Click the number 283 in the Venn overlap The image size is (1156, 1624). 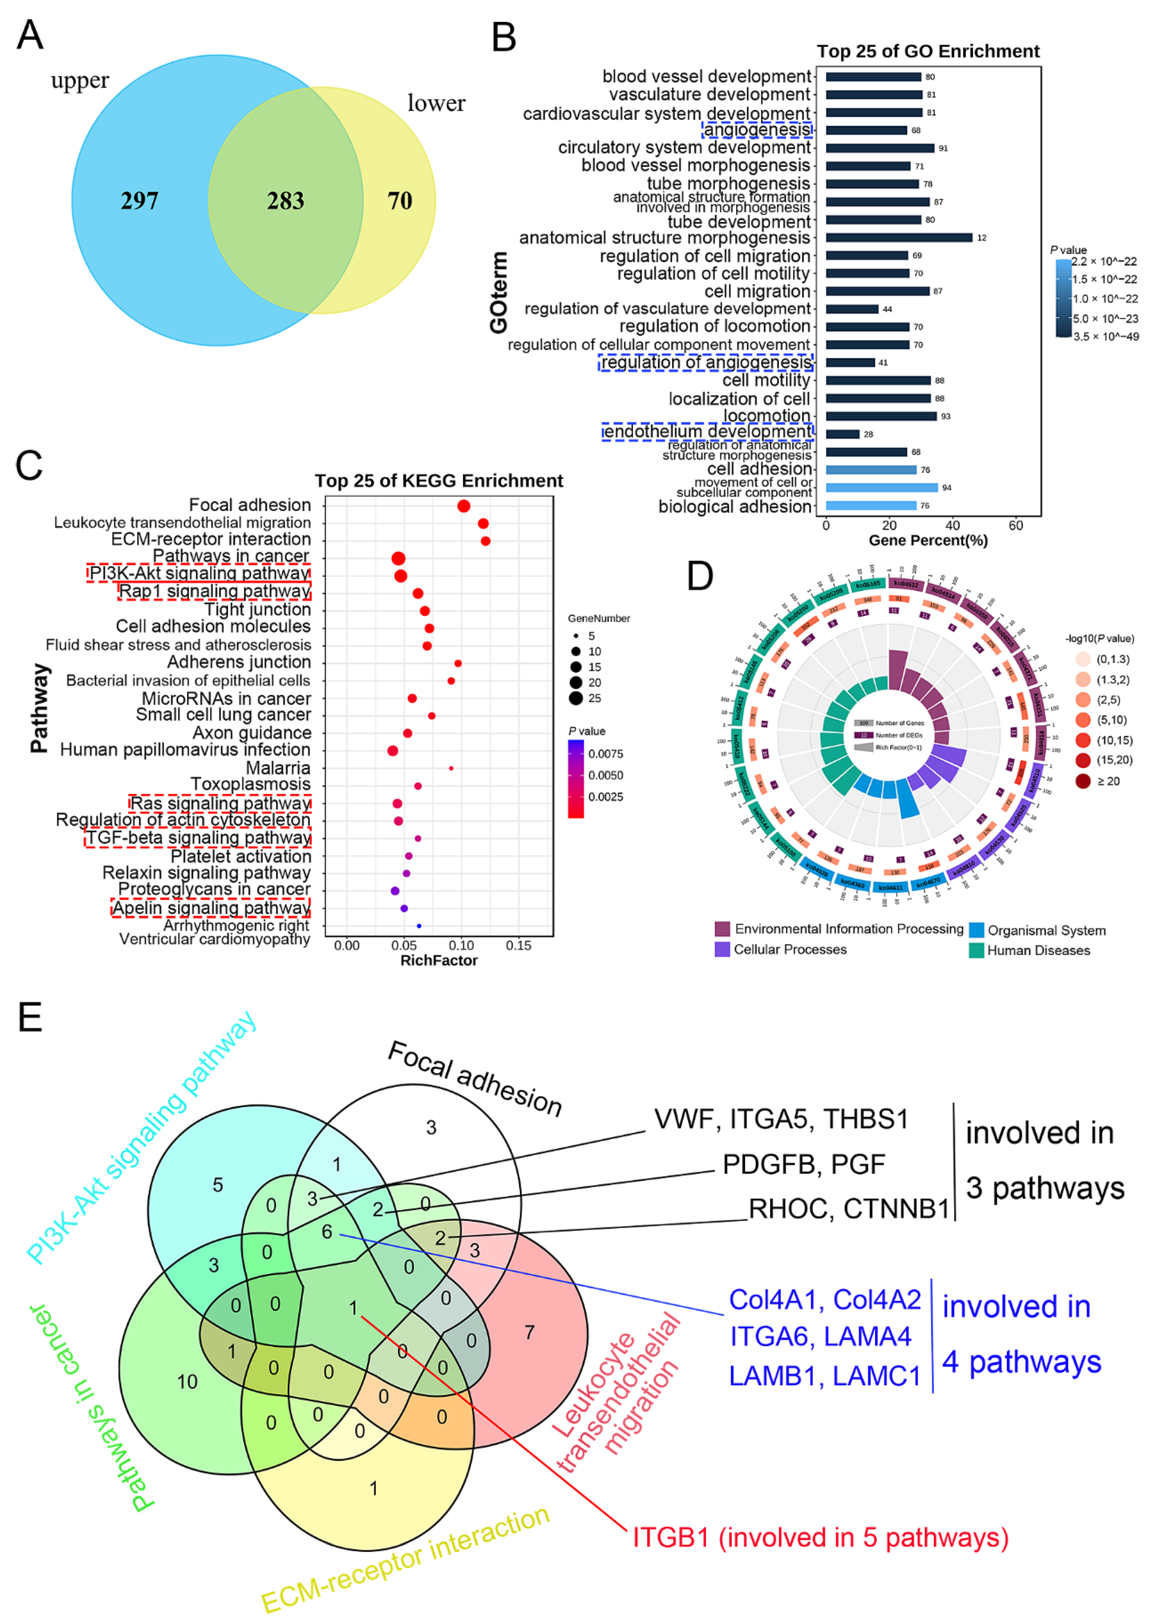tap(285, 201)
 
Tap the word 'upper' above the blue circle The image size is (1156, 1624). tap(80, 80)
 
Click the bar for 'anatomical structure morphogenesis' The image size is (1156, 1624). tap(898, 238)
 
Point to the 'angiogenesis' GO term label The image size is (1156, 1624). tap(757, 129)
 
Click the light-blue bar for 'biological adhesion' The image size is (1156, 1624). tap(871, 506)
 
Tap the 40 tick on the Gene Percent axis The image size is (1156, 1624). tap(952, 526)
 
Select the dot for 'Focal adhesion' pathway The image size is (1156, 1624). tap(463, 506)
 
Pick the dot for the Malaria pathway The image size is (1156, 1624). tap(451, 768)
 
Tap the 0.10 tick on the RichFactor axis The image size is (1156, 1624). tap(461, 945)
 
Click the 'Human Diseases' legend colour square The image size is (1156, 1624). tap(976, 950)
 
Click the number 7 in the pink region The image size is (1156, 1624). tap(529, 1332)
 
